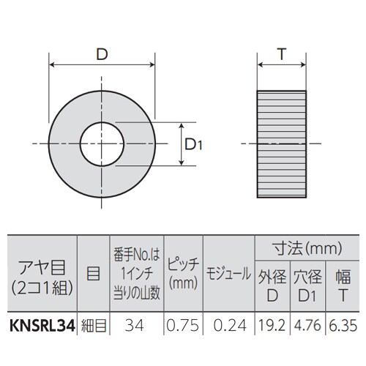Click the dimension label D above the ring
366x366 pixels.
pos(103,53)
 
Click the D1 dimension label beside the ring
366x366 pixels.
pos(193,145)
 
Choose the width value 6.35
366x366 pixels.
pos(343,322)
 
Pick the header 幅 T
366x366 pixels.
pos(343,286)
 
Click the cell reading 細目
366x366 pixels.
pos(93,322)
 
